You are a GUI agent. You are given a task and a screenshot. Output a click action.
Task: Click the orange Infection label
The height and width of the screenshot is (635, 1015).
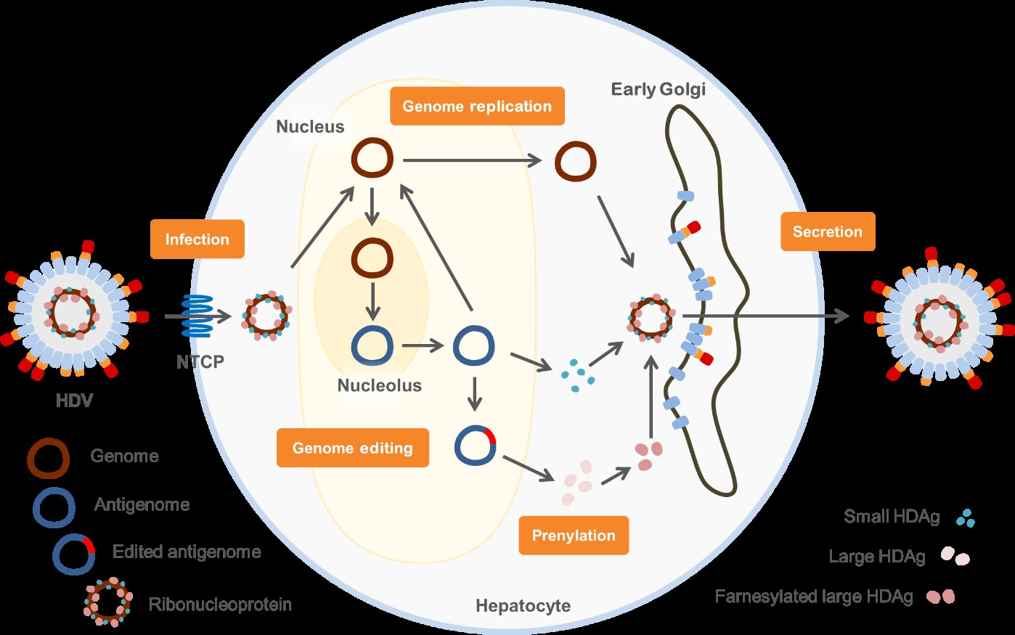[197, 239]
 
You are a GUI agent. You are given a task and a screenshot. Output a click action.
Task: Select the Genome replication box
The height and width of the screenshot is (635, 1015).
[477, 106]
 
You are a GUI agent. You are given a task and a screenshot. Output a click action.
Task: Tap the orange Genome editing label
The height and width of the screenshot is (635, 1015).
[352, 448]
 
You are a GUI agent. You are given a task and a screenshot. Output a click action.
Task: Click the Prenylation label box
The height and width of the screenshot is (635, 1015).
[574, 536]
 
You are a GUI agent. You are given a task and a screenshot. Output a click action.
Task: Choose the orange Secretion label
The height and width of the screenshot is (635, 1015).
[827, 232]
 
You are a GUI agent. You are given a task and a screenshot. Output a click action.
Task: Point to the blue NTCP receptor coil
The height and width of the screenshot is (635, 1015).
[197, 316]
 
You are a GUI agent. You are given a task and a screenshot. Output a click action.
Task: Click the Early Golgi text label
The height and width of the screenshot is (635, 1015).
[658, 89]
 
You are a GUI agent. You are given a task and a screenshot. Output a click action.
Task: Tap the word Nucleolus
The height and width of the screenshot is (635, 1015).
[379, 385]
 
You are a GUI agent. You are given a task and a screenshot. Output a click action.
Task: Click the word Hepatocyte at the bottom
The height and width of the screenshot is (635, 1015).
[523, 605]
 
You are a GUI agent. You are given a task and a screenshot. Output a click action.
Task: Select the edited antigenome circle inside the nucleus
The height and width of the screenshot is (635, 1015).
[475, 445]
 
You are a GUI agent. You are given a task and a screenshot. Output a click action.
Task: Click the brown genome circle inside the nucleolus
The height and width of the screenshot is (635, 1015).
[372, 258]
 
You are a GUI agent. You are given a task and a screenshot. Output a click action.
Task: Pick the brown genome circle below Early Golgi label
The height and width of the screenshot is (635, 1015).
[576, 161]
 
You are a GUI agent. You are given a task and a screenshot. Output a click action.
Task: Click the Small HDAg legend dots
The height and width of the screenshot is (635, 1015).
[966, 517]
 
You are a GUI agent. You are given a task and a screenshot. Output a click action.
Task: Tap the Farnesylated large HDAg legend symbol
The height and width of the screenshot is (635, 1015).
[941, 597]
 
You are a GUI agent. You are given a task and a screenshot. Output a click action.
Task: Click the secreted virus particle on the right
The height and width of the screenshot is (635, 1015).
[940, 317]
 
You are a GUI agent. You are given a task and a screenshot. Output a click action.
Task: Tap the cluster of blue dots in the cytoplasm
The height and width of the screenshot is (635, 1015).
[578, 375]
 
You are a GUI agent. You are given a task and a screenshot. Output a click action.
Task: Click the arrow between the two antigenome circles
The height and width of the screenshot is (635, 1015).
[423, 345]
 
